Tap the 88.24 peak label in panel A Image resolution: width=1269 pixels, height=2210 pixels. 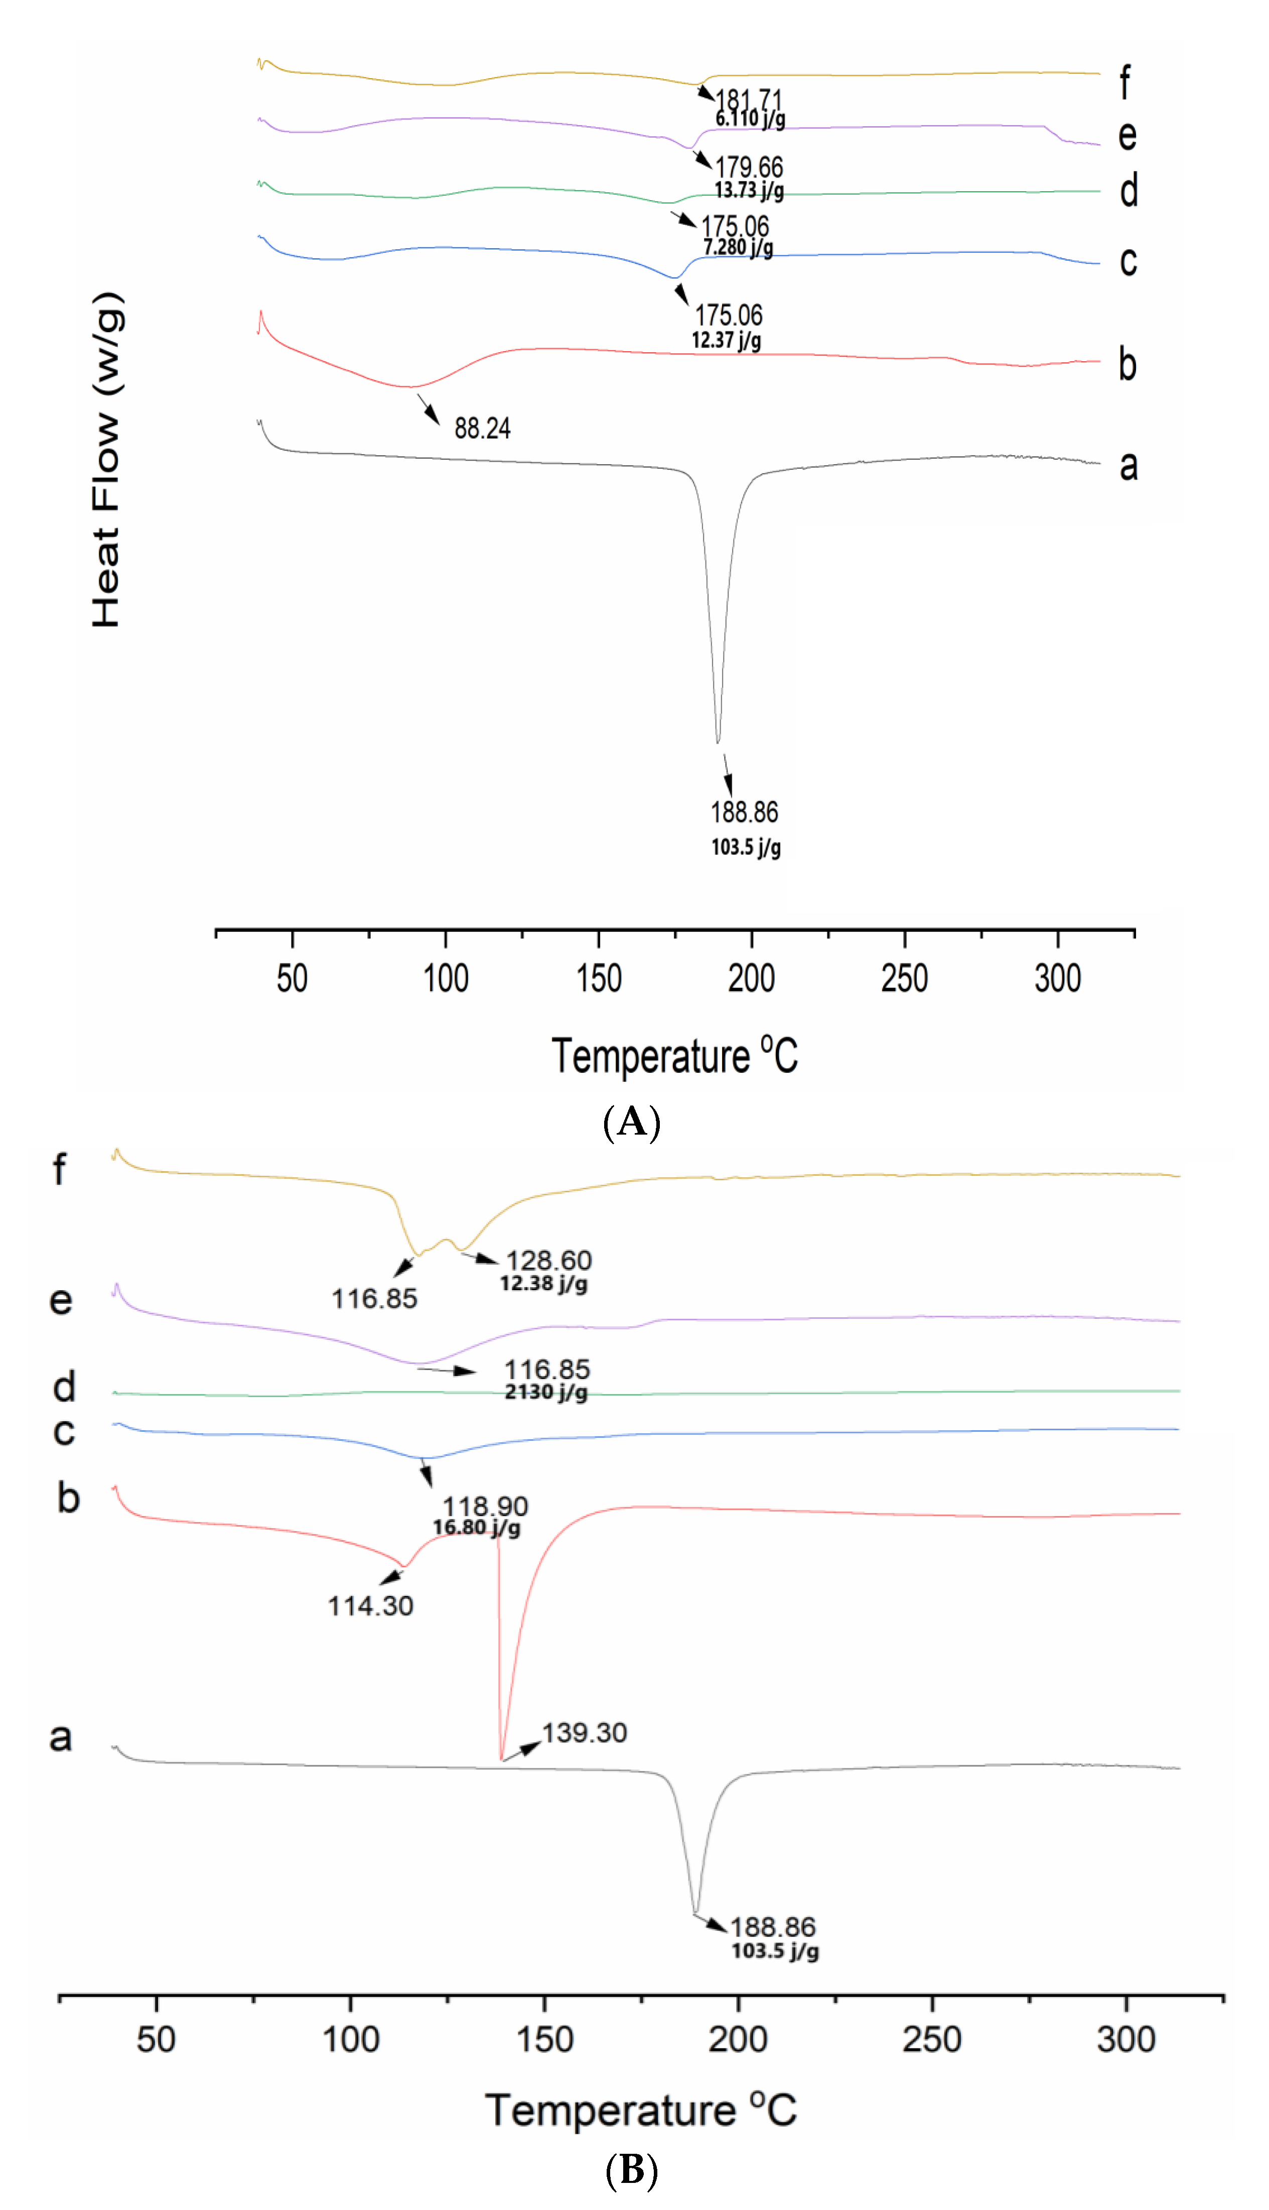(x=482, y=428)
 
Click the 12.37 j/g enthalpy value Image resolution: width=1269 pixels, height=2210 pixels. (x=726, y=340)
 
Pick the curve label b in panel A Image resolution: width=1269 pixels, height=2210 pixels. (x=1128, y=364)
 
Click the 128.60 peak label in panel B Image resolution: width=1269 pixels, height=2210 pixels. (x=549, y=1260)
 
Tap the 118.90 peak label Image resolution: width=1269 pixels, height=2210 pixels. (x=485, y=1506)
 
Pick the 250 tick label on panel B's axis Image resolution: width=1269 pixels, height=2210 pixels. (x=932, y=2039)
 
